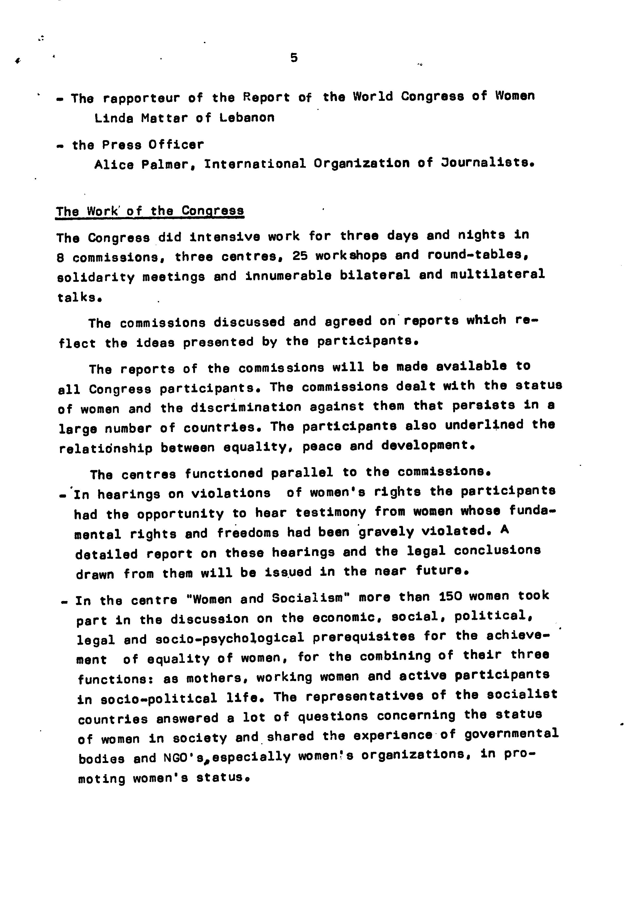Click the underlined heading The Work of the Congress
150,211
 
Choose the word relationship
105,448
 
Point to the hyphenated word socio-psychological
230,638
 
